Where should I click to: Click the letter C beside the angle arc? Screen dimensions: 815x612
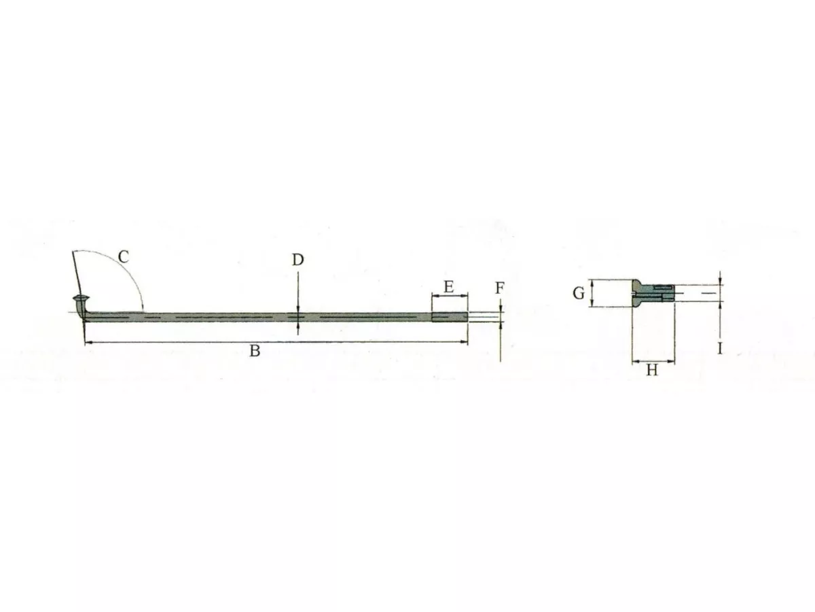124,256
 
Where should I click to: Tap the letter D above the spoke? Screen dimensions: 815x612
297,260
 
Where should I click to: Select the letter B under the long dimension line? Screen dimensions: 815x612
255,351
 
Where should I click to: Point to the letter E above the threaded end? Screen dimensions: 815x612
449,287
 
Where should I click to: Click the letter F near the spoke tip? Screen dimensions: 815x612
500,288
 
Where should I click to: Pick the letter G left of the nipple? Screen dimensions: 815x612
579,294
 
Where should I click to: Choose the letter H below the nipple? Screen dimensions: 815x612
652,370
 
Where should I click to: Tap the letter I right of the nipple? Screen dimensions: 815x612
720,349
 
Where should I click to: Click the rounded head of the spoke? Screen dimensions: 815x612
81,298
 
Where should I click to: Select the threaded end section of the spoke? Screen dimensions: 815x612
450,317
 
